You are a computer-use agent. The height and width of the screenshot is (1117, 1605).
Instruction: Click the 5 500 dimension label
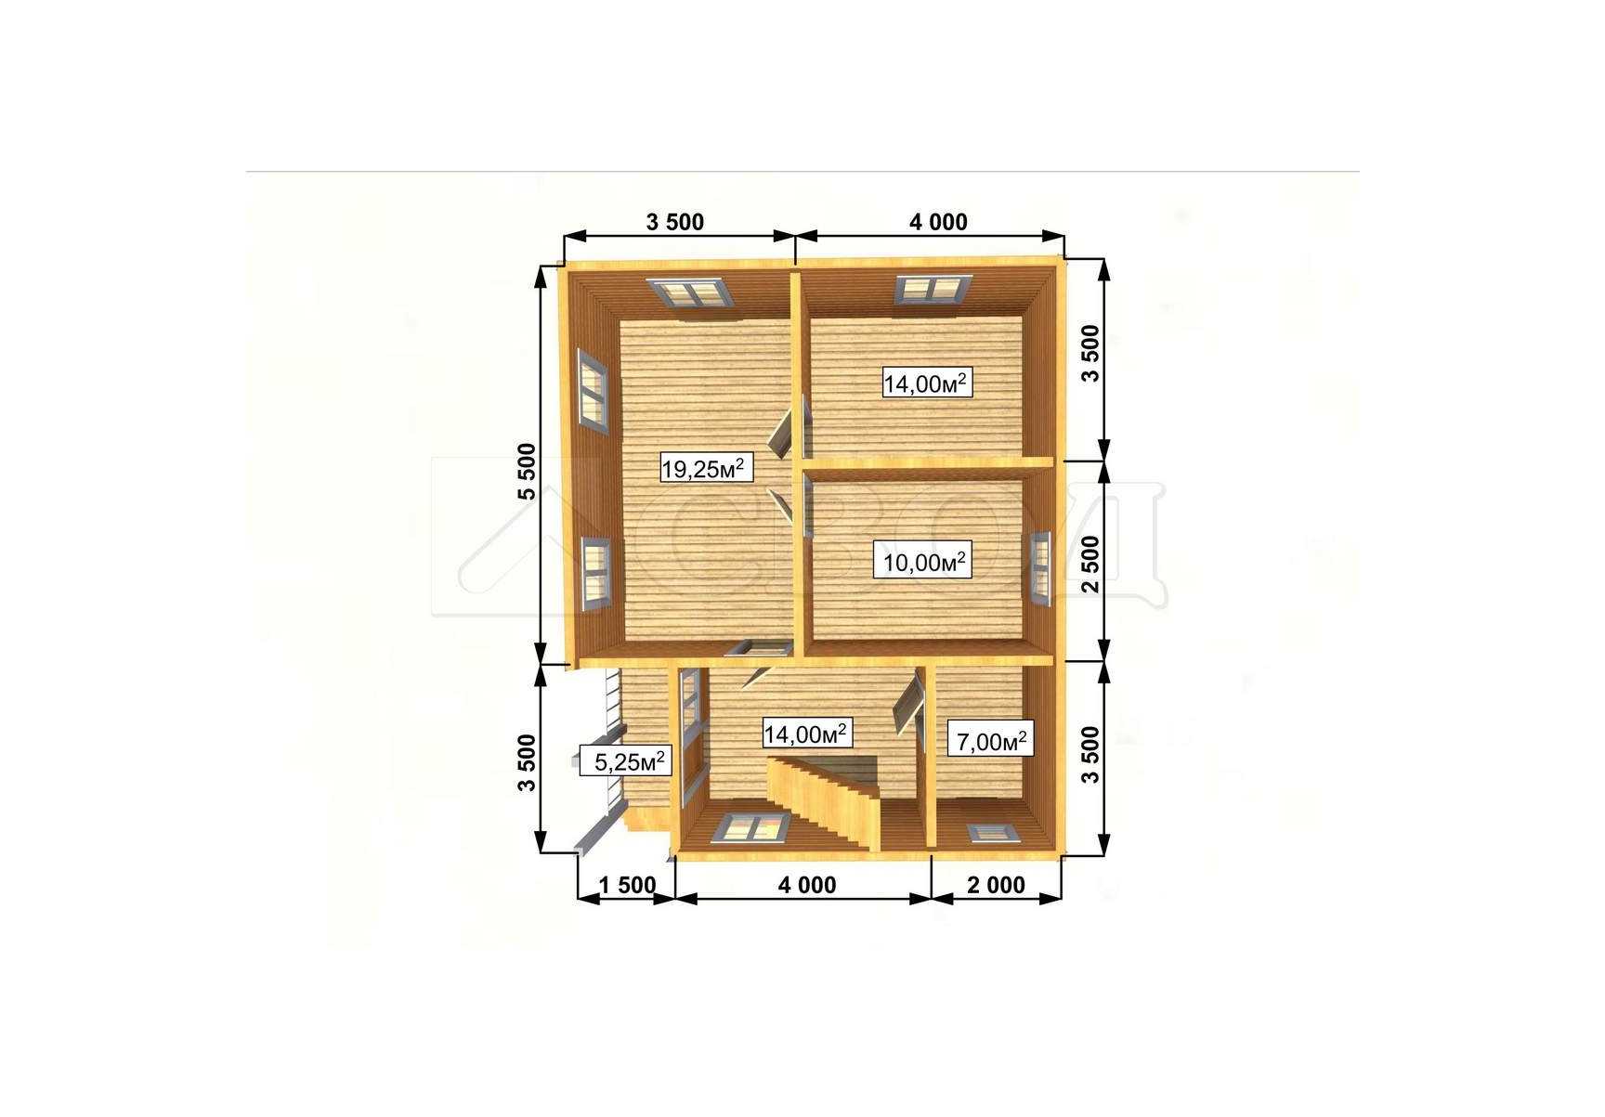click(x=528, y=471)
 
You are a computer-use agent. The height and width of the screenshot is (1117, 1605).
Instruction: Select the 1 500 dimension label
click(x=627, y=885)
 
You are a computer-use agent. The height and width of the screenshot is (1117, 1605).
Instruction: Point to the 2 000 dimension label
click(x=997, y=885)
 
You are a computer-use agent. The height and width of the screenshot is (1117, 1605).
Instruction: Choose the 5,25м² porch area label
click(x=625, y=761)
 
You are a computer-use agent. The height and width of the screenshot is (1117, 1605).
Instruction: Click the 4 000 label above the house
click(x=938, y=222)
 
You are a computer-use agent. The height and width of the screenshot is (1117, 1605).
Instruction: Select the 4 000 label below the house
click(x=807, y=885)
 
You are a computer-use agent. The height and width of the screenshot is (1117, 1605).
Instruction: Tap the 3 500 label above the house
click(x=675, y=222)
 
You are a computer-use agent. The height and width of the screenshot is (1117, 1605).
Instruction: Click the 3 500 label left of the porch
click(x=528, y=762)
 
